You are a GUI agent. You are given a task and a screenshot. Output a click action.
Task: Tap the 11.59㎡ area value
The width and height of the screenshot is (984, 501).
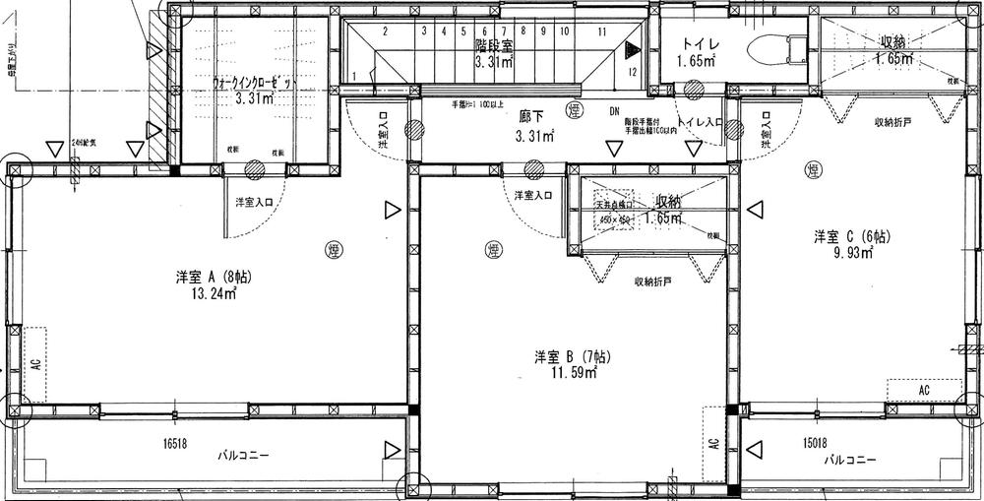(x=572, y=372)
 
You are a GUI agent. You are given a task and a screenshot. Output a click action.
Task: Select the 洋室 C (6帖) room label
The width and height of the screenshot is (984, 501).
(x=851, y=236)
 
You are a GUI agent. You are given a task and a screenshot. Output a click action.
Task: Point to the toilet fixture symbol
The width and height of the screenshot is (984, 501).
(x=776, y=49)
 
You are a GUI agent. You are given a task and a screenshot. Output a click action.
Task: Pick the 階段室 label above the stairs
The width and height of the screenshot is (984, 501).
(x=492, y=45)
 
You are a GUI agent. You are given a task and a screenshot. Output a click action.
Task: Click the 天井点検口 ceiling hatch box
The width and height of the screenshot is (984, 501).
(x=617, y=213)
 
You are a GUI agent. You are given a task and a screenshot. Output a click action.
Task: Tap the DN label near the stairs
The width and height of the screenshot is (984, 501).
(x=614, y=111)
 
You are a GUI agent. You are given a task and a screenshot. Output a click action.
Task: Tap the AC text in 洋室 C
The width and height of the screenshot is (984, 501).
(x=923, y=391)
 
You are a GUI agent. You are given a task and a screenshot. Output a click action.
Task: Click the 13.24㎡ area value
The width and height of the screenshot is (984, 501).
(x=215, y=293)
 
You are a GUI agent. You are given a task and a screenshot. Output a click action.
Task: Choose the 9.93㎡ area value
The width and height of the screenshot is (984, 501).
(x=854, y=252)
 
